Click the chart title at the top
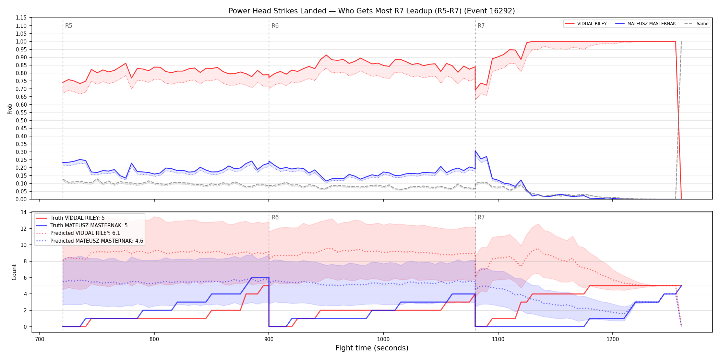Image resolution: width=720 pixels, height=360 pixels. [x=372, y=11]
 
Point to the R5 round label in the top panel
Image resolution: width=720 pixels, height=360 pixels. [x=69, y=26]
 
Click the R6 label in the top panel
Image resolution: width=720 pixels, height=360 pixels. [x=275, y=26]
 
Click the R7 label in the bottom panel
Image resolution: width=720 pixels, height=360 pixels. [x=481, y=217]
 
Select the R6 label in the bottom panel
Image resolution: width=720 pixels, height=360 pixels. [x=275, y=217]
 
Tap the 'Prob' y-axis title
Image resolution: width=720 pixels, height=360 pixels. [x=10, y=109]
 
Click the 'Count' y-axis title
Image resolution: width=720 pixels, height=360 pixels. [x=14, y=272]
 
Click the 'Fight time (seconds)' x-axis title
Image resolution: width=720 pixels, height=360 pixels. [x=372, y=348]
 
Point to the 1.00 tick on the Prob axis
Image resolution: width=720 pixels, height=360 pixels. [x=22, y=41]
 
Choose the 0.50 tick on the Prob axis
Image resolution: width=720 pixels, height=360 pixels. [x=22, y=120]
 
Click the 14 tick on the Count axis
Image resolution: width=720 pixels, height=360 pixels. [x=24, y=212]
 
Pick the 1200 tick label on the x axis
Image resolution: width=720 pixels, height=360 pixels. [x=613, y=339]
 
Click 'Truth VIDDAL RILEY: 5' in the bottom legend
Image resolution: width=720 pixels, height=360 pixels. [x=77, y=218]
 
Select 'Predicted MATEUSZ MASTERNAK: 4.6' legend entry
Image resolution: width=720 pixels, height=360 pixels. [x=97, y=241]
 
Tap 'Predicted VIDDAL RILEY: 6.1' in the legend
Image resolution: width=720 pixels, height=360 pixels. [x=85, y=233]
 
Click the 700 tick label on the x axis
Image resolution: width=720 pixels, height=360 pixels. [x=40, y=339]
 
